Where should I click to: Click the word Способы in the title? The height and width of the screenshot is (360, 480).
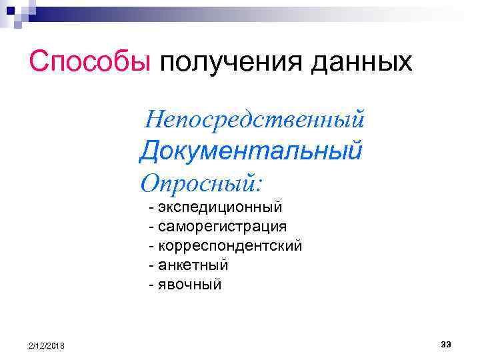tap(91, 62)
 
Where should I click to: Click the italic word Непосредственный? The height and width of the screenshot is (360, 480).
tap(255, 120)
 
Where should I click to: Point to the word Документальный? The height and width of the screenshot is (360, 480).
tap(251, 151)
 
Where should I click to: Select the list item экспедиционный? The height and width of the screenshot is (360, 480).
tap(221, 207)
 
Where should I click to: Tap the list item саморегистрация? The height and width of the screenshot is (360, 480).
tap(223, 227)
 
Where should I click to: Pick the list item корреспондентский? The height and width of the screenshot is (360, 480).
tap(230, 246)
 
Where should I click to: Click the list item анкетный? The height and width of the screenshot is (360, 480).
tap(193, 265)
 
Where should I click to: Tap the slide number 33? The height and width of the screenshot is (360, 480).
tap(446, 343)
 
